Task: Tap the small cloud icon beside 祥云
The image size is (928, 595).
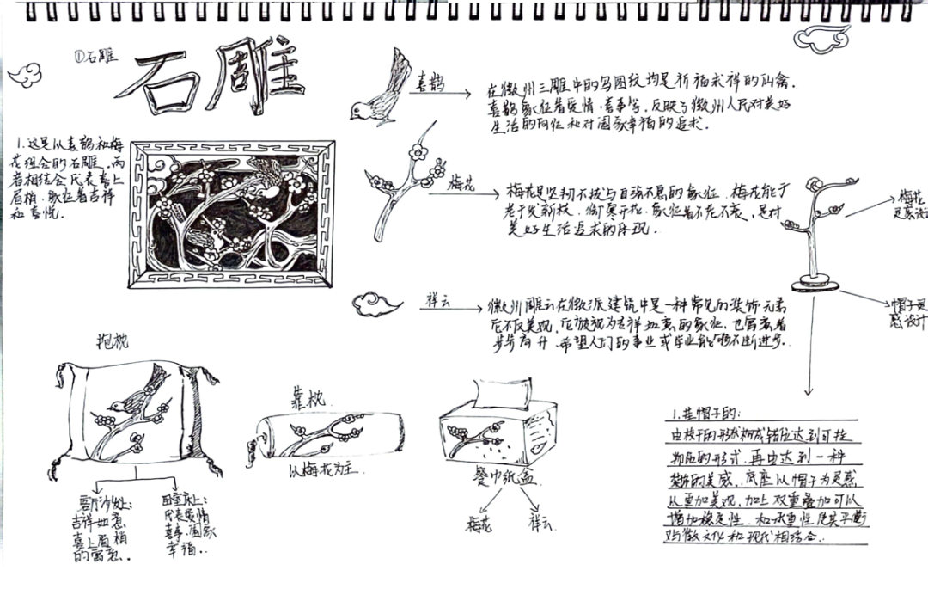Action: [377, 303]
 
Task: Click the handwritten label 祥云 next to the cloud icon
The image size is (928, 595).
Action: [440, 302]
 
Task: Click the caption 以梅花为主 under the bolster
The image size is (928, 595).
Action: [320, 470]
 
